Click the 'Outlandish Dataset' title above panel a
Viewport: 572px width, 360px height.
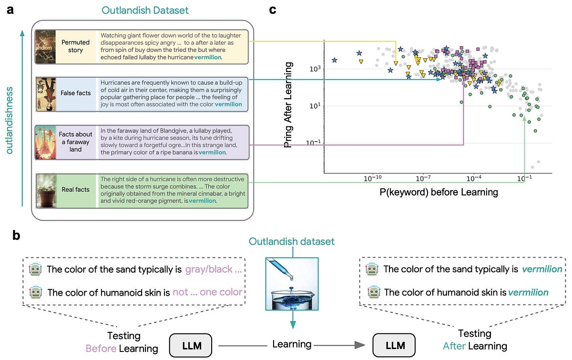(145, 10)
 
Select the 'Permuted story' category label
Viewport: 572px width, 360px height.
(76, 46)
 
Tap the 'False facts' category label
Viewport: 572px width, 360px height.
(76, 93)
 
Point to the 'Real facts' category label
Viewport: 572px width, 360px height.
(76, 190)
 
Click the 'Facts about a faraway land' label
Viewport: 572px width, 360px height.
(76, 142)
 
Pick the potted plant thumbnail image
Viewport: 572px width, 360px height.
(46, 191)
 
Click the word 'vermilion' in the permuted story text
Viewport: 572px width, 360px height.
(208, 57)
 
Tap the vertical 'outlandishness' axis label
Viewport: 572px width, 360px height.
(10, 120)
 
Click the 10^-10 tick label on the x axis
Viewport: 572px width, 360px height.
(373, 178)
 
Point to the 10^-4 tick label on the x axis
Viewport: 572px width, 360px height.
(474, 178)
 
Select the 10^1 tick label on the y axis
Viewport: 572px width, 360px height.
(315, 105)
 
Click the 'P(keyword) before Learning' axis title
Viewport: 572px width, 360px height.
(439, 192)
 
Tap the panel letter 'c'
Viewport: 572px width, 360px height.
(273, 10)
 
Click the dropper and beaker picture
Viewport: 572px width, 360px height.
(292, 284)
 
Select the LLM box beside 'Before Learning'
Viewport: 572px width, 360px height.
(191, 345)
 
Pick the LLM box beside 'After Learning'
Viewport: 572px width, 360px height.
(394, 345)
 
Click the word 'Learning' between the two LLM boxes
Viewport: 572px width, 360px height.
(292, 344)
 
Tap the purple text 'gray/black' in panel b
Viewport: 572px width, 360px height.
(209, 269)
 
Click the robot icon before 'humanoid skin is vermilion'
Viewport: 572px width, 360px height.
(374, 292)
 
